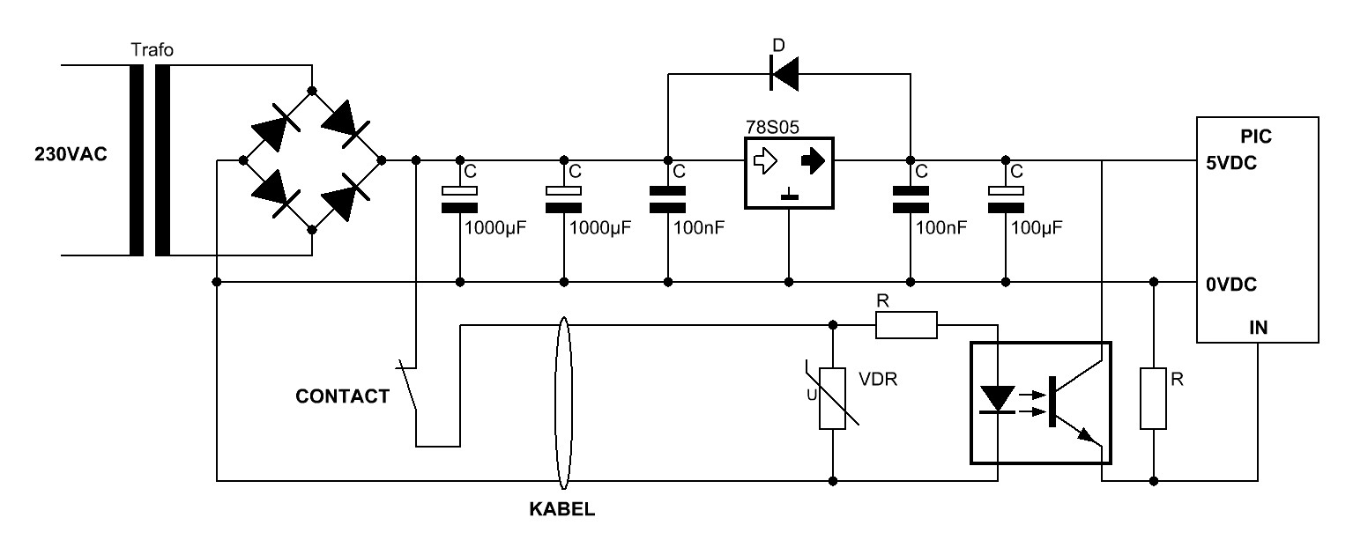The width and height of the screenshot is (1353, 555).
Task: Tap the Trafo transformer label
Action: [152, 50]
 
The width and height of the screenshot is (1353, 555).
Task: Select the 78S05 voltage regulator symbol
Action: [788, 173]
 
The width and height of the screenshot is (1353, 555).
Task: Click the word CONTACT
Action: [342, 396]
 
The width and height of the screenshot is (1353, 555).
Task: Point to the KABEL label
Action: [561, 509]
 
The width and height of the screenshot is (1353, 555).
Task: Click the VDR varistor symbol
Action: [832, 396]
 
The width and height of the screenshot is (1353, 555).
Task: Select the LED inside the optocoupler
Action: [997, 399]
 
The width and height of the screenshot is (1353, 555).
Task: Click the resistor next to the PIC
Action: [1154, 398]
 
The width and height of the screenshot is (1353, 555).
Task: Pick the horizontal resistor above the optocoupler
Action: [906, 325]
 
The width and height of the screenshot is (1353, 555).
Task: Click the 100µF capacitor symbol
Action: [1004, 198]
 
